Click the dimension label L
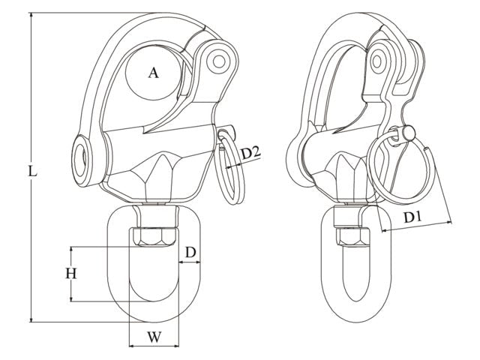pyautogui.click(x=31, y=171)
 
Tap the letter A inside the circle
pyautogui.click(x=153, y=73)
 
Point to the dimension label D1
pyautogui.click(x=412, y=218)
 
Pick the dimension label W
pyautogui.click(x=154, y=337)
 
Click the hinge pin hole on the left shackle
pyautogui.click(x=219, y=58)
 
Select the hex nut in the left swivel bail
pyautogui.click(x=155, y=235)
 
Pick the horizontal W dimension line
pyautogui.click(x=154, y=347)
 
